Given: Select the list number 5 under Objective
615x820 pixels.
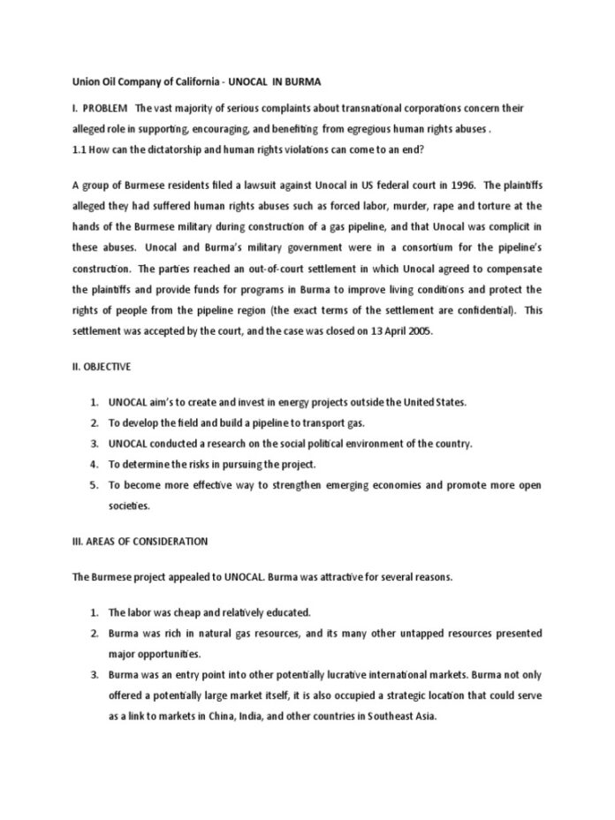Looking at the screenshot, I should tap(94, 485).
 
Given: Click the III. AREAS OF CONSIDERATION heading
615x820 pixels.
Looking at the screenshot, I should tap(139, 541).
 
